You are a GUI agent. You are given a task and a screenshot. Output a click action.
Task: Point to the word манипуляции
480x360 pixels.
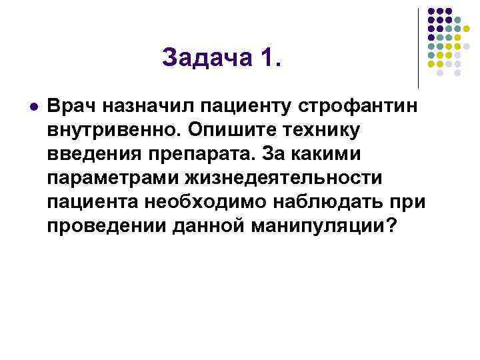315,226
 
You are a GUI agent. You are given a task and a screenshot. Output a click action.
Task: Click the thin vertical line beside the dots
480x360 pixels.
418,47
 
